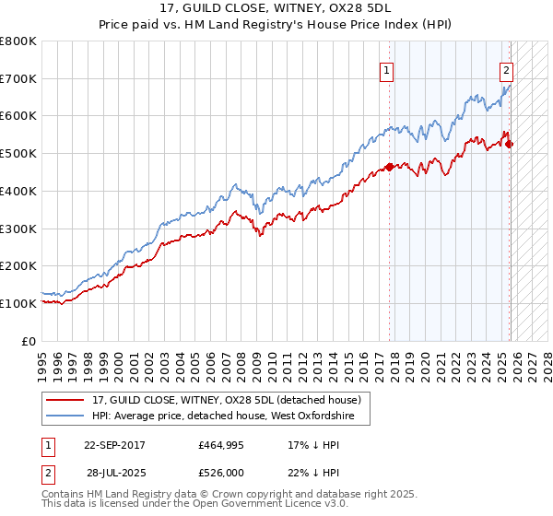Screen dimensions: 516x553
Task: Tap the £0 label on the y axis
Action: pyautogui.click(x=29, y=341)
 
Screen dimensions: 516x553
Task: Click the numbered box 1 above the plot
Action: pyautogui.click(x=385, y=69)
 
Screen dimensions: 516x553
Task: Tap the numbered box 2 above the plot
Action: pyautogui.click(x=506, y=69)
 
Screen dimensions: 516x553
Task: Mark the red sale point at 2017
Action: pyautogui.click(x=389, y=167)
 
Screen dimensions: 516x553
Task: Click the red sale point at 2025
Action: pyautogui.click(x=509, y=144)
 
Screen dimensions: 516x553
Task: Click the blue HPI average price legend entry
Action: pyautogui.click(x=229, y=417)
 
